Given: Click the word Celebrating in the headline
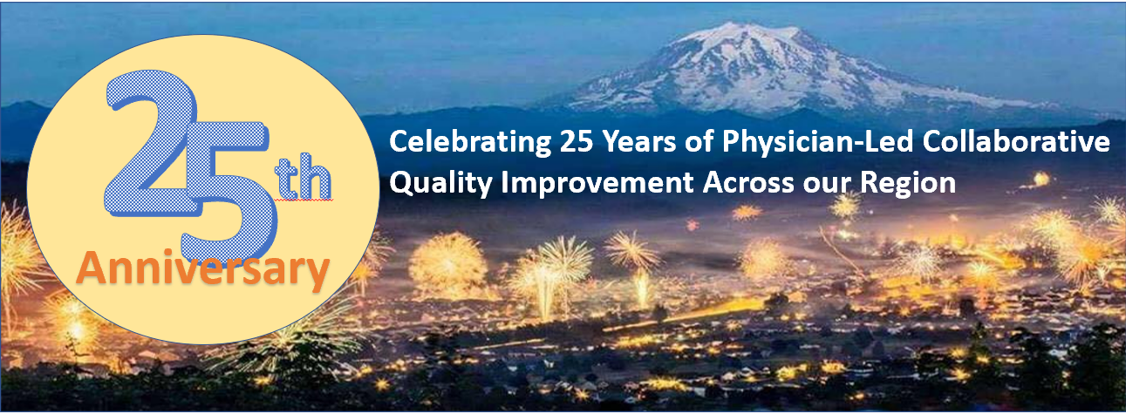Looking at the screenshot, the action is point(469,142).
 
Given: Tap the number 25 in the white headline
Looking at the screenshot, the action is point(576,141).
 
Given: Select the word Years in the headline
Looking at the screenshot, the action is point(639,141).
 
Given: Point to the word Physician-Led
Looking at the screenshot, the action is point(817,142).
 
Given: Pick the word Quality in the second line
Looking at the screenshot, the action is point(440,183).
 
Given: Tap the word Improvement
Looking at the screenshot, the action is point(597,183).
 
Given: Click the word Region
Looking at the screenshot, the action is point(908,183).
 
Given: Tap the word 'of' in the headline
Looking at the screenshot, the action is point(699,141).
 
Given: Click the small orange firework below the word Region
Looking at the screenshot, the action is point(747,213).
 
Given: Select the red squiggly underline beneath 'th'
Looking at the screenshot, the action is point(304,200).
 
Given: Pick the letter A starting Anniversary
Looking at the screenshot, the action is point(92,267).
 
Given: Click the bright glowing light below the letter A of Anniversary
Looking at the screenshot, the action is point(77,329).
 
